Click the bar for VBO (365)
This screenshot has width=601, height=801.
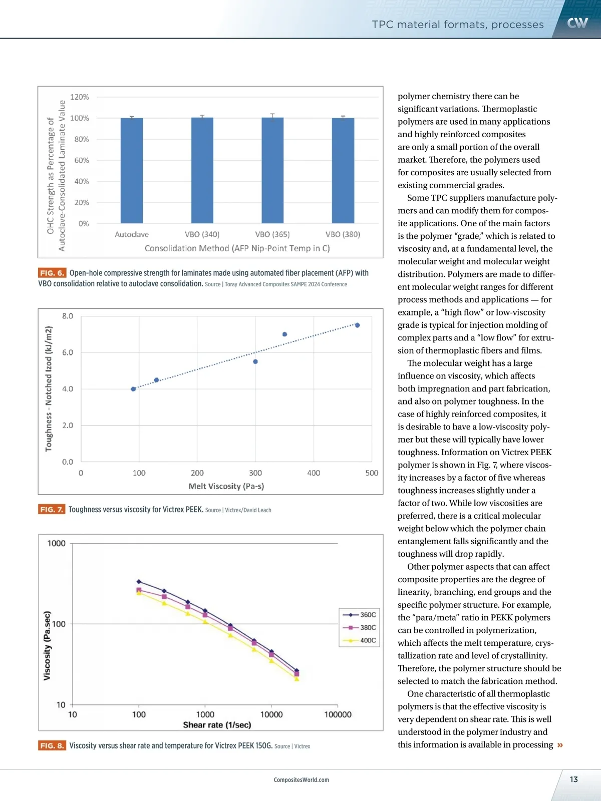pos(272,170)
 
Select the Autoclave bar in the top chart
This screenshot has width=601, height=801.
pos(132,170)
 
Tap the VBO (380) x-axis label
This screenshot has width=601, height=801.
pos(343,234)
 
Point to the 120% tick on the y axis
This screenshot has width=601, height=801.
pos(80,97)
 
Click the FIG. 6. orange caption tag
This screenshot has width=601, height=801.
pos(52,273)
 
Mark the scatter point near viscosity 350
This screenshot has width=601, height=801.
pos(284,334)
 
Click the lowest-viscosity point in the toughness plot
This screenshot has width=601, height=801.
pos(133,389)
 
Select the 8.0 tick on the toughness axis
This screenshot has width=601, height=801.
pos(68,316)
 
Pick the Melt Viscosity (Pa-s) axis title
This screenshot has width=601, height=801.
pos(226,486)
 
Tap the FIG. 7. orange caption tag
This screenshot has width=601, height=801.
pos(52,510)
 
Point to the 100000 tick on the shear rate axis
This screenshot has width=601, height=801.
pos(338,714)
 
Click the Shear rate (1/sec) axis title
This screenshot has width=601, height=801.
pos(217,725)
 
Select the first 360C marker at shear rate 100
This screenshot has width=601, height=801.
pos(139,582)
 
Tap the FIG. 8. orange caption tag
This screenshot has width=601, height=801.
pos(52,746)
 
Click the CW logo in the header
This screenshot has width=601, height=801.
pos(577,23)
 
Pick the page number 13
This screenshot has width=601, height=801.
pos(574,779)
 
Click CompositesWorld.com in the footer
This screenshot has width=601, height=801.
pos(302,780)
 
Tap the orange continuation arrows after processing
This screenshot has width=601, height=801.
pos(560,745)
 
